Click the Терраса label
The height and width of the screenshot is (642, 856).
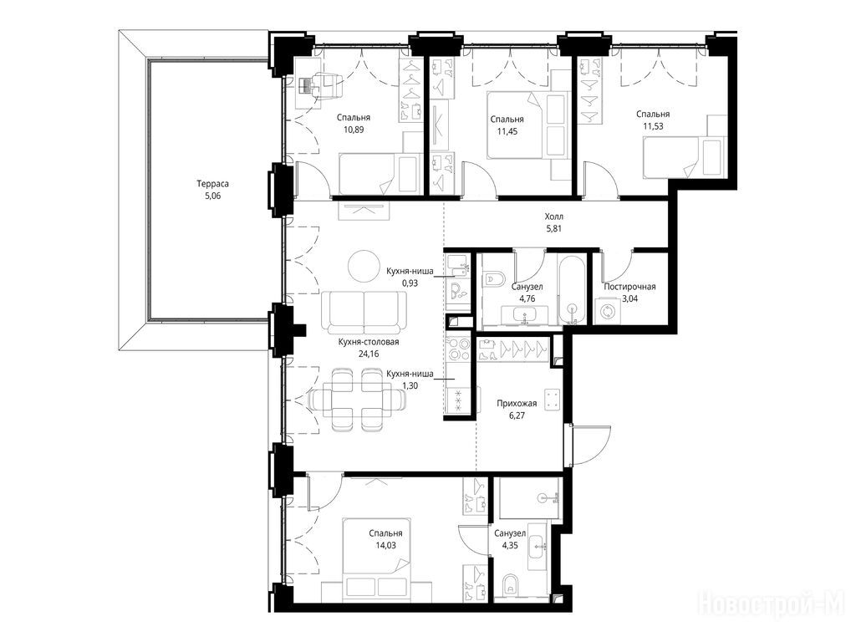(213, 184)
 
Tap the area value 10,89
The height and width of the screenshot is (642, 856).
(354, 130)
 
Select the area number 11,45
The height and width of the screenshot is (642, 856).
(507, 131)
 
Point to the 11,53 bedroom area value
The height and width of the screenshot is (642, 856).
(653, 126)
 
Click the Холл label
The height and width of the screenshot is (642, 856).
(554, 217)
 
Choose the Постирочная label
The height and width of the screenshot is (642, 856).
(629, 287)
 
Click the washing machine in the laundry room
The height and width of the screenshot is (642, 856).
(608, 311)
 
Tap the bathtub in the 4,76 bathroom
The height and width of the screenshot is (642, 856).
(572, 288)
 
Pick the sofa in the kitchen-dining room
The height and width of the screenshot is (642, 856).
(364, 313)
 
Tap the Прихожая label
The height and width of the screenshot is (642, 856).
(517, 404)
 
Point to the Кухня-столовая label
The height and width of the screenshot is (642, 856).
(369, 342)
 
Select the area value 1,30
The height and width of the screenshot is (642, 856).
(410, 385)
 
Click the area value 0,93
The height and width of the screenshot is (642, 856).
(410, 283)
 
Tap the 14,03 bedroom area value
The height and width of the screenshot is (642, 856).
(385, 545)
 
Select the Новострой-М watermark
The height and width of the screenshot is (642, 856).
(775, 605)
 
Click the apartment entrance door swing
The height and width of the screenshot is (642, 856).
(591, 446)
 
